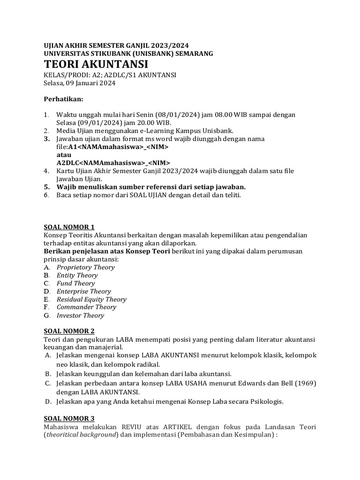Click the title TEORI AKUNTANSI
[96, 64]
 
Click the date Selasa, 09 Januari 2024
[79, 83]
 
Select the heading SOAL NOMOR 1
[69, 227]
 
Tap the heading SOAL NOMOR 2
[69, 330]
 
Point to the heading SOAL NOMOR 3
[69, 418]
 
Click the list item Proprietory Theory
[85, 267]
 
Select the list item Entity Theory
[77, 275]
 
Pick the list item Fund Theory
[75, 283]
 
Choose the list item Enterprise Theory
[83, 291]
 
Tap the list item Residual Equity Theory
[91, 299]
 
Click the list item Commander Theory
[86, 307]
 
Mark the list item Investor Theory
[80, 315]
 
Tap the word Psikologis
[266, 402]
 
